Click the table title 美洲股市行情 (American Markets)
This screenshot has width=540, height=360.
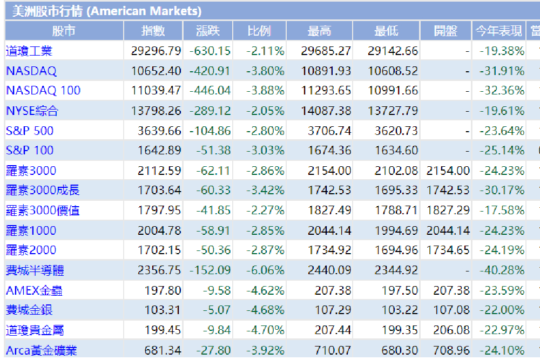[107, 11]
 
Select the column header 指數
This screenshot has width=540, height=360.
[153, 31]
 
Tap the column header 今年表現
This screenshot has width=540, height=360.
[498, 31]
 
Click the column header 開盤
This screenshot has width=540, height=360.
[446, 31]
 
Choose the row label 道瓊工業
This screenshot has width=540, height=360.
[29, 51]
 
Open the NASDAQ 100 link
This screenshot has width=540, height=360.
[43, 91]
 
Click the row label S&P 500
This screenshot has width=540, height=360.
[30, 131]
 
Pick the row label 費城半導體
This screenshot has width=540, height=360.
[35, 270]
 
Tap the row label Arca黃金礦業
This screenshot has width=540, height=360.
[42, 350]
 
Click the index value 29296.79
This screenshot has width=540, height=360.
[156, 51]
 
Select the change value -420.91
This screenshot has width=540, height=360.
[210, 71]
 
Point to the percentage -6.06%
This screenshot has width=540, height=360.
[265, 270]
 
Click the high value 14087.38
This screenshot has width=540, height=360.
[326, 111]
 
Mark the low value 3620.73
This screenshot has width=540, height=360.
[396, 131]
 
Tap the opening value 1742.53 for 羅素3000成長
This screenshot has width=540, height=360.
[448, 190]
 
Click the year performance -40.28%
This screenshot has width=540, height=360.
[502, 270]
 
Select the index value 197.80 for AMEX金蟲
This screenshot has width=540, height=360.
[163, 290]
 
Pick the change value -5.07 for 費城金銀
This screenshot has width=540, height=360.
[217, 310]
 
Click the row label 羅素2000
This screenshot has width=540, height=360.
[31, 250]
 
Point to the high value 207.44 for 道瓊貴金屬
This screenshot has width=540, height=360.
[333, 330]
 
